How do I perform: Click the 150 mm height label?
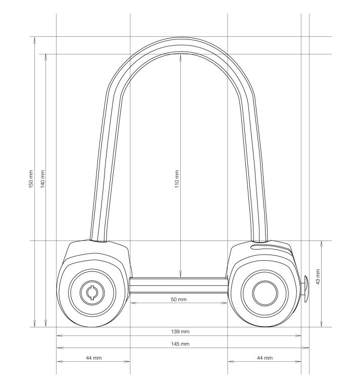31,179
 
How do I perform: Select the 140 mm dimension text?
42,179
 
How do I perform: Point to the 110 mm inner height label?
177,179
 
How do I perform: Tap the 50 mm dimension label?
179,300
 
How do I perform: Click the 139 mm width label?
180,331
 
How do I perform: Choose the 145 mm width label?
180,344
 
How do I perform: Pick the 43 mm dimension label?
318,277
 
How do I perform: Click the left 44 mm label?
94,358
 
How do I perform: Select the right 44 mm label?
265,358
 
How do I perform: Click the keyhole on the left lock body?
92,293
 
